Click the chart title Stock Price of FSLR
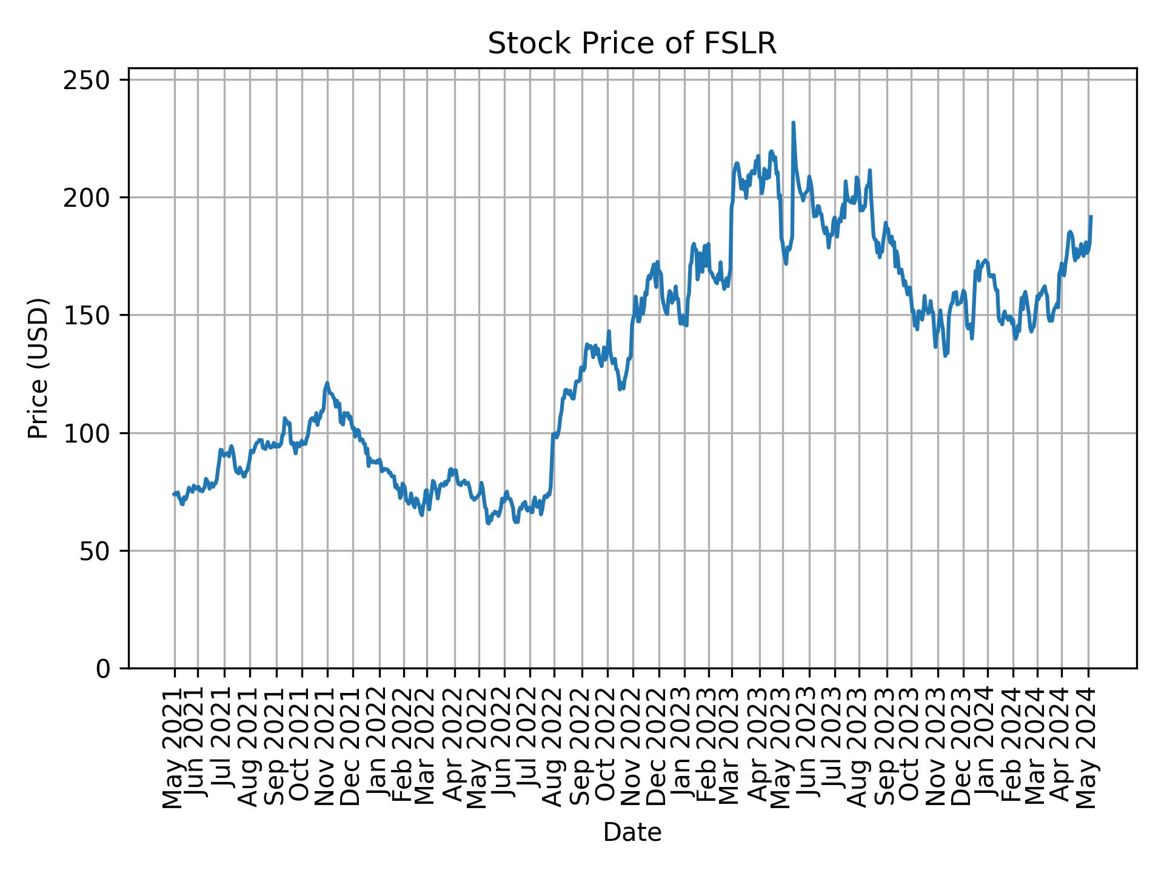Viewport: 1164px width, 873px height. point(632,44)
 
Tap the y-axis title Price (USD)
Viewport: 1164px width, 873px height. point(38,368)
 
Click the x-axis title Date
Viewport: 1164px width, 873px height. point(632,832)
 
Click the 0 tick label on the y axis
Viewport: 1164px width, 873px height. point(109,669)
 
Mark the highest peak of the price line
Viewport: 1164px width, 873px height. point(793,123)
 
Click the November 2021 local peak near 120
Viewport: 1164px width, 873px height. point(327,383)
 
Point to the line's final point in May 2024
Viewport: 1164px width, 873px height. point(1091,216)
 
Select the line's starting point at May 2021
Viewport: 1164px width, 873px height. point(175,494)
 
